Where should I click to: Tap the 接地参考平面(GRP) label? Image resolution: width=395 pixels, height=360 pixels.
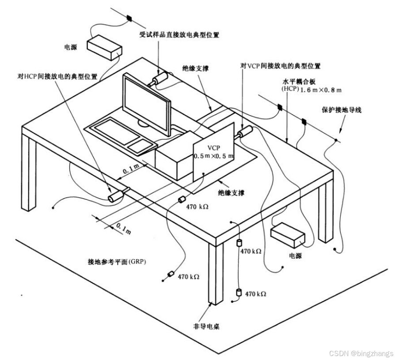[117, 261]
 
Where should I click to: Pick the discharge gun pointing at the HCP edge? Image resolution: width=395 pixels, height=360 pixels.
[116, 195]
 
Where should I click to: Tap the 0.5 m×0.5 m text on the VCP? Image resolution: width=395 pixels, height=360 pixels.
[214, 156]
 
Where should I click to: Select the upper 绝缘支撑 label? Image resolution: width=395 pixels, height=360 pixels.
[196, 69]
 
